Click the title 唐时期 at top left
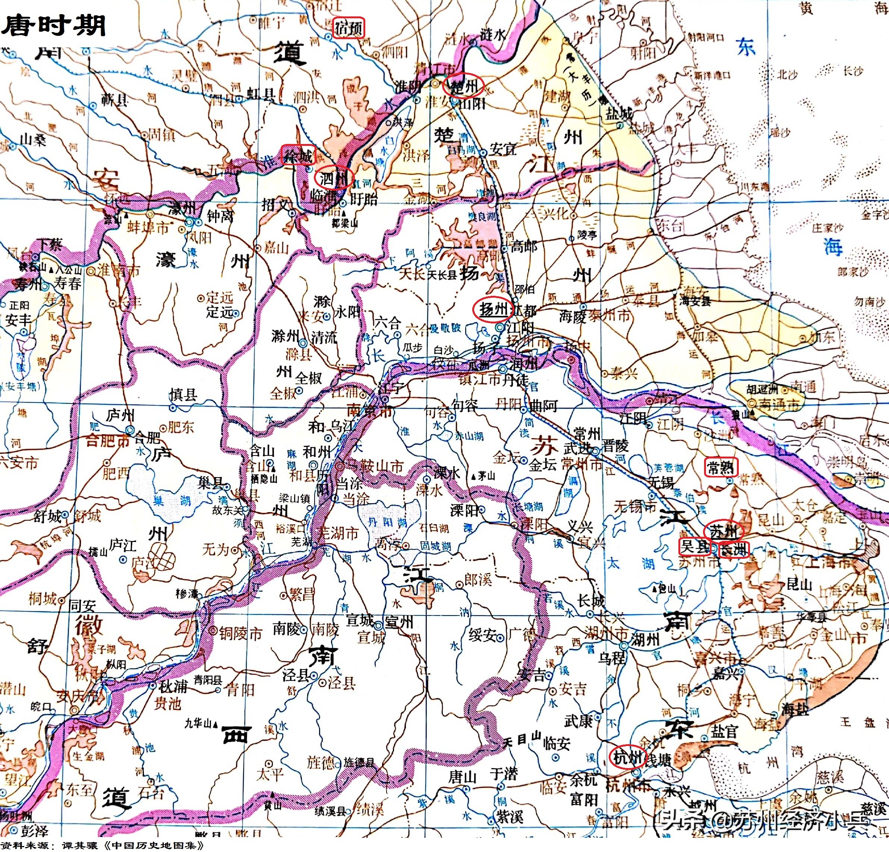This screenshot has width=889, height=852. [x=54, y=25]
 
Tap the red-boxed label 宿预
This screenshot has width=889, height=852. [x=349, y=28]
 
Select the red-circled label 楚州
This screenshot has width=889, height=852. [x=464, y=86]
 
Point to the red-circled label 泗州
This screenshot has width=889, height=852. [x=333, y=178]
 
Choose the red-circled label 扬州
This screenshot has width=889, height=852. [x=492, y=310]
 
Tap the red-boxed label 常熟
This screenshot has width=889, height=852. [x=721, y=467]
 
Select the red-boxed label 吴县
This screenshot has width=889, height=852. [x=694, y=547]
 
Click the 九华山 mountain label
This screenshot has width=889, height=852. [x=199, y=723]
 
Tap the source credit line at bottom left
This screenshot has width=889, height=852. [x=102, y=846]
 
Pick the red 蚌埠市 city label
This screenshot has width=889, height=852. [x=147, y=228]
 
